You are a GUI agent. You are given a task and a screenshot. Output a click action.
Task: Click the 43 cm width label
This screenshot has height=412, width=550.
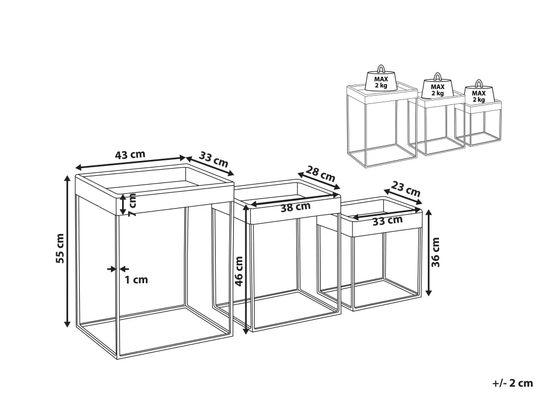point(130,154)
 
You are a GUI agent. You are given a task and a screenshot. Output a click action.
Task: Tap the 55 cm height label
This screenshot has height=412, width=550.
point(60,248)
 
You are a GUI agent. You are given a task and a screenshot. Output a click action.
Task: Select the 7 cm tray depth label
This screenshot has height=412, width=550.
point(132,204)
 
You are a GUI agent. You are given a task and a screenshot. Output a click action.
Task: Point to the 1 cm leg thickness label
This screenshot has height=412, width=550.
point(136,280)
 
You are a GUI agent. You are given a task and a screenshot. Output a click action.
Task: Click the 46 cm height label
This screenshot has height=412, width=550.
point(239,271)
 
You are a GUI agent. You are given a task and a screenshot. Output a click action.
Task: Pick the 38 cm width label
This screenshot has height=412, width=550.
point(295,207)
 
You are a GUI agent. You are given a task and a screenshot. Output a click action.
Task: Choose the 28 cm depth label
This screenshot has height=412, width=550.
point(320,173)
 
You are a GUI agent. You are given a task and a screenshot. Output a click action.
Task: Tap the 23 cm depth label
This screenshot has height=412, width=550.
point(405,189)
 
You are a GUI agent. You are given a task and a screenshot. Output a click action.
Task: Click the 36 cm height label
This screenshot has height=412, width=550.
point(435,252)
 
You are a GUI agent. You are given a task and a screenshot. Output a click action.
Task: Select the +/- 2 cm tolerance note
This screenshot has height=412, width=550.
point(513,383)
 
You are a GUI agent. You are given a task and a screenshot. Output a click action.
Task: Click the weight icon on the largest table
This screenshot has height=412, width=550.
point(381,79)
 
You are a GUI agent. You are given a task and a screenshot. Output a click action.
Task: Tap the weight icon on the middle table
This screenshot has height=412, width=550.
point(437,86)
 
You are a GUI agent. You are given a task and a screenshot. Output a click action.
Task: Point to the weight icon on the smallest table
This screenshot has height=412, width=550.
point(479,92)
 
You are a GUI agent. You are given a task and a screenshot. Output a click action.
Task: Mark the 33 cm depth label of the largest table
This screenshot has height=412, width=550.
point(213,159)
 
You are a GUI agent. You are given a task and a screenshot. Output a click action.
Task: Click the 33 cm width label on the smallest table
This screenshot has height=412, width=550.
point(387,221)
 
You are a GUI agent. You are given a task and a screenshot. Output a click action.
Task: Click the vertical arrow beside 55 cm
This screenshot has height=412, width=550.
point(67,250)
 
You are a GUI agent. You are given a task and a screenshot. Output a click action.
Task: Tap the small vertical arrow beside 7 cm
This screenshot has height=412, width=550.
point(123,204)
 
